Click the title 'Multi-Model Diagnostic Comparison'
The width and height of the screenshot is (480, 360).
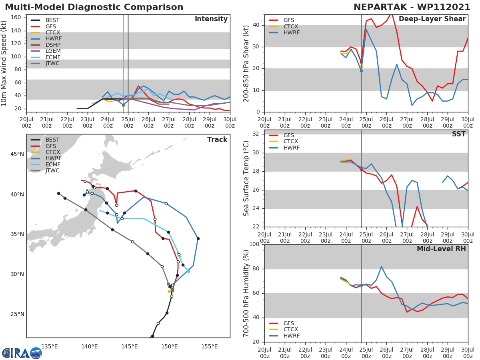click(94, 7)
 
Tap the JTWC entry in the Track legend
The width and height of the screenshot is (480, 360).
click(52, 171)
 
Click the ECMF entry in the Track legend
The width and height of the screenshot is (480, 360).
click(52, 164)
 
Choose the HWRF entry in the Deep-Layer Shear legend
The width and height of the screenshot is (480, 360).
click(291, 33)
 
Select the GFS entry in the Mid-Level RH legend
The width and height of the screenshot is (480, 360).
click(289, 323)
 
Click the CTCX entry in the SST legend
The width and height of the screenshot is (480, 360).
click(291, 142)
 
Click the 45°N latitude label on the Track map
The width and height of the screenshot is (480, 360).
click(17, 154)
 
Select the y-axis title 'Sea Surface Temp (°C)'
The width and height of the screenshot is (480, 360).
click(246, 178)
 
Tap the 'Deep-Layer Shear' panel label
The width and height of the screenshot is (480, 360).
click(432, 19)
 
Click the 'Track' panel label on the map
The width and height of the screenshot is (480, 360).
click(217, 140)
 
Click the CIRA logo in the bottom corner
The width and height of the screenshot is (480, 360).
click(22, 353)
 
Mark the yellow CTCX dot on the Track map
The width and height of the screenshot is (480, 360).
click(169, 292)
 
